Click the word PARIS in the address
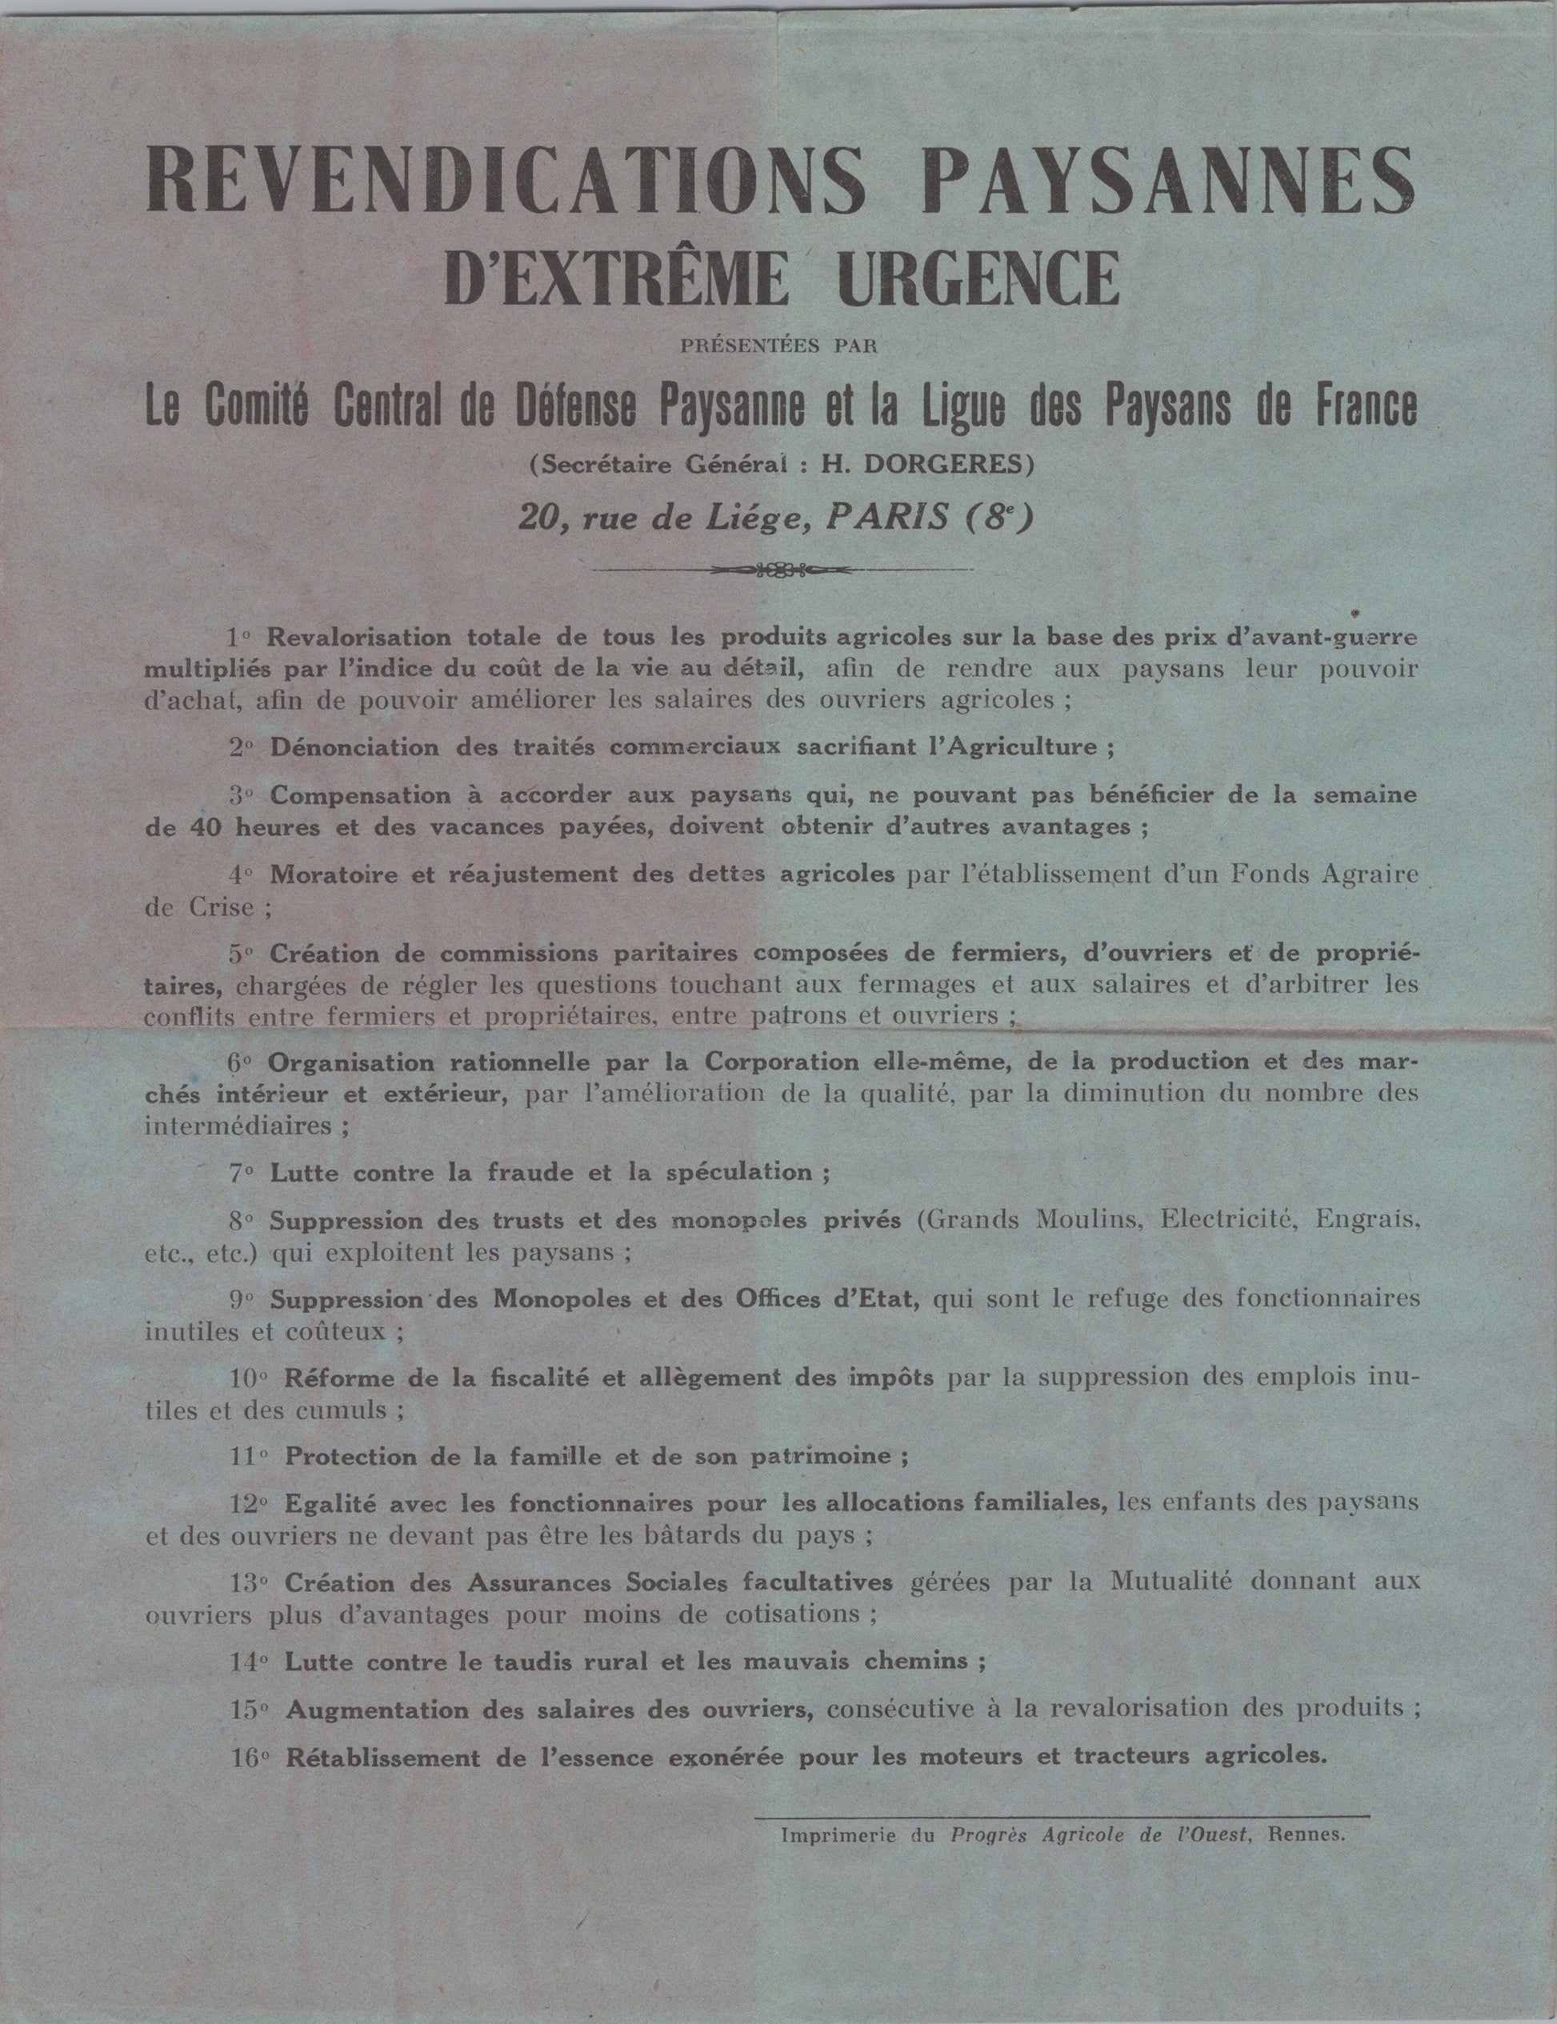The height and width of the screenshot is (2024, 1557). [887, 516]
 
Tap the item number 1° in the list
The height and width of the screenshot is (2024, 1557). [240, 638]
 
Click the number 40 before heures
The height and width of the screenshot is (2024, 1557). [202, 827]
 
